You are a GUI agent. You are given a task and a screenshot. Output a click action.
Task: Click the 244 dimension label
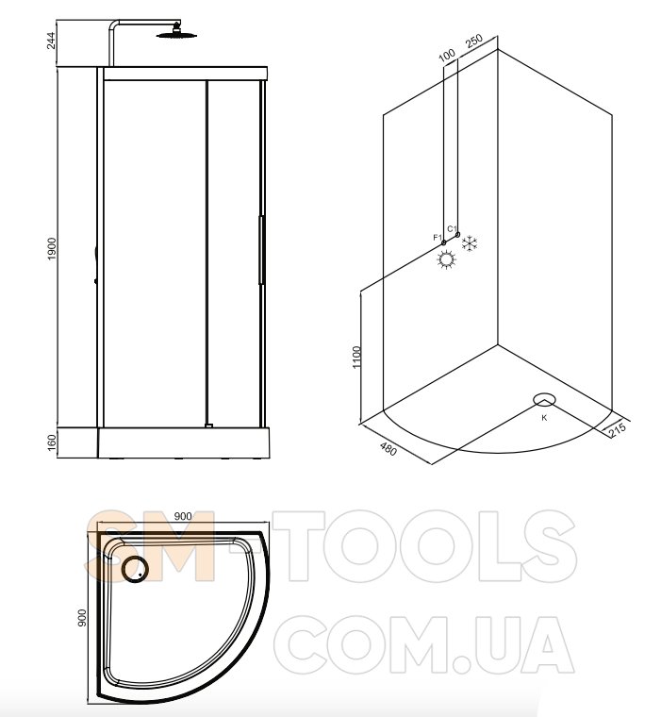(x=51, y=40)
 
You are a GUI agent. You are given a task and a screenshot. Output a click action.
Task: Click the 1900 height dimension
(x=51, y=249)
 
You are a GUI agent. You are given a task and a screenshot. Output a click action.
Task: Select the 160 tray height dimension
(x=51, y=442)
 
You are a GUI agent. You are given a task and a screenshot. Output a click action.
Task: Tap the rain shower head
(x=175, y=34)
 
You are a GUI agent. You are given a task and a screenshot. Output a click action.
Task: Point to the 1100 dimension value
(x=357, y=358)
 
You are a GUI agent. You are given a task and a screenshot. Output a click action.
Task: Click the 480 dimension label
(x=388, y=449)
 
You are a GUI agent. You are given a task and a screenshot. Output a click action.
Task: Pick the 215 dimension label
(x=617, y=429)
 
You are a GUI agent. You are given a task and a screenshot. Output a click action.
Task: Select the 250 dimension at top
(x=474, y=42)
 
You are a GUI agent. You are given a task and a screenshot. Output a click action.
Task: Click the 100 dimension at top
(x=447, y=55)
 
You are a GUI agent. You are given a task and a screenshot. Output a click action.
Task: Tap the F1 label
(x=437, y=238)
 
